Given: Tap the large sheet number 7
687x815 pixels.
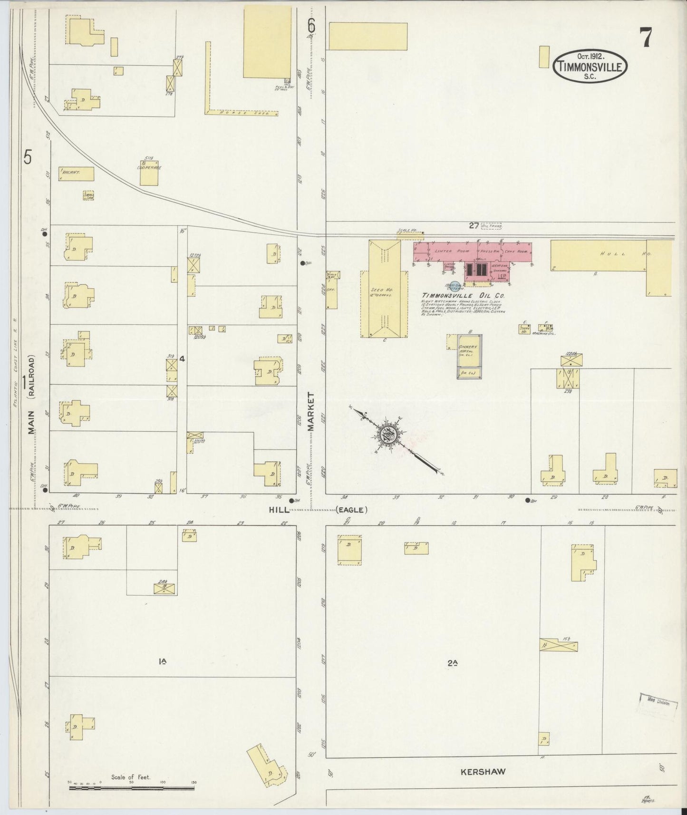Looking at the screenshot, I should (645, 38).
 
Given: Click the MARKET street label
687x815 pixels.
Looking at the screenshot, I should (311, 411).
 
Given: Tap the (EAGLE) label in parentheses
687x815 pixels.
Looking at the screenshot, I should (352, 510).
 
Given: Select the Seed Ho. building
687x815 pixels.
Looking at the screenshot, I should (384, 290).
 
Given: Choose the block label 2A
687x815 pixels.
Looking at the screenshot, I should (452, 662).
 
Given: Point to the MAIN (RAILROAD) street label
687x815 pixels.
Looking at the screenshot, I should (31, 395).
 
